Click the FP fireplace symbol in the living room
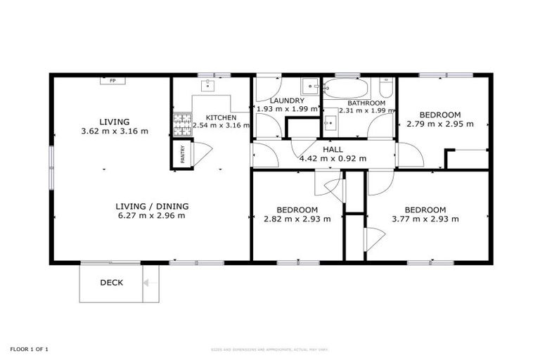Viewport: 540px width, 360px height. [112, 81]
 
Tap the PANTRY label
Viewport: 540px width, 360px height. [182, 155]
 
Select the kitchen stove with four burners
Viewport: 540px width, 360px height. [182, 125]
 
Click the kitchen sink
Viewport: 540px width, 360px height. [207, 86]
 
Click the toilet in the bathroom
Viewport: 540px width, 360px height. [385, 88]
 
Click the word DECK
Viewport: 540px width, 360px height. [111, 283]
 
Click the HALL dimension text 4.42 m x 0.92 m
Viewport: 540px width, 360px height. [333, 158]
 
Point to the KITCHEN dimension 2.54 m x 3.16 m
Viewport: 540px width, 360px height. [221, 127]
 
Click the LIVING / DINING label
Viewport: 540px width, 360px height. [152, 206]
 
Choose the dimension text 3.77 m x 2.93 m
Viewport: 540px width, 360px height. [425, 219]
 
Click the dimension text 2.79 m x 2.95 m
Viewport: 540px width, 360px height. [440, 124]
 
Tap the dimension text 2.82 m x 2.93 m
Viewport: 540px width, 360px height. [297, 219]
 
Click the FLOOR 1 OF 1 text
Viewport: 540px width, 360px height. [29, 349]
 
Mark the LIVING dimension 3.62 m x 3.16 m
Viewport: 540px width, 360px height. [114, 131]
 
